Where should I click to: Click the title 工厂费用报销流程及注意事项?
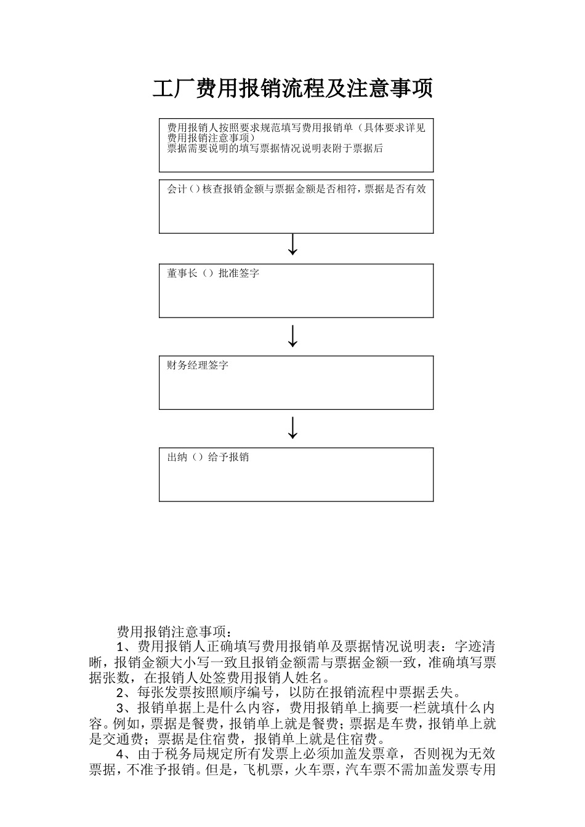(292, 89)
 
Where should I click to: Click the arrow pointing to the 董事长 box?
(293, 244)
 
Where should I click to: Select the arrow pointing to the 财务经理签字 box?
(293, 336)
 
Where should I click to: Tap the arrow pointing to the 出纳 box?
(293, 428)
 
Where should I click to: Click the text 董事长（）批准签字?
(213, 273)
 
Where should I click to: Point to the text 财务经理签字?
(198, 365)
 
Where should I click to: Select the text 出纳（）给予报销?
(208, 457)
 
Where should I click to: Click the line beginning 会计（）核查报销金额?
(296, 189)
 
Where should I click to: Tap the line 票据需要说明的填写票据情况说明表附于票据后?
(275, 148)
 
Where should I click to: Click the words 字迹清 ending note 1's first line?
(475, 647)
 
